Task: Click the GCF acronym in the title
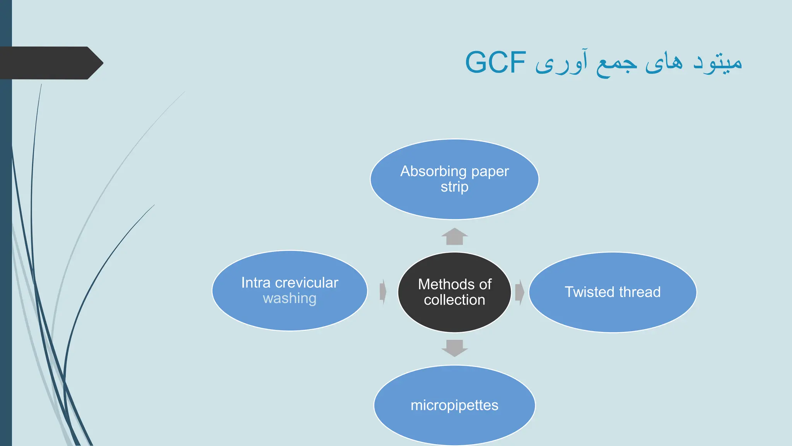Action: click(x=495, y=62)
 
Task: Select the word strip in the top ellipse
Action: click(x=454, y=187)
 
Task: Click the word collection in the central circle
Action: click(x=454, y=300)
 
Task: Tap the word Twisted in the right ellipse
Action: click(x=590, y=292)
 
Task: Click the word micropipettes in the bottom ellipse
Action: click(x=454, y=405)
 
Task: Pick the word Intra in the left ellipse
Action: click(x=256, y=283)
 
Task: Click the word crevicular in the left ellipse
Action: click(x=307, y=283)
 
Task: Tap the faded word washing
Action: click(x=290, y=298)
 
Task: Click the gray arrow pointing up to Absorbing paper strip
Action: click(x=454, y=237)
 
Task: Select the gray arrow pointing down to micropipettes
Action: click(x=454, y=348)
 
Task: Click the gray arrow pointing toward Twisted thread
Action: click(x=519, y=292)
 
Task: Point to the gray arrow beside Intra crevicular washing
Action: click(x=383, y=292)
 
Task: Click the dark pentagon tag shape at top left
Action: click(x=50, y=63)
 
